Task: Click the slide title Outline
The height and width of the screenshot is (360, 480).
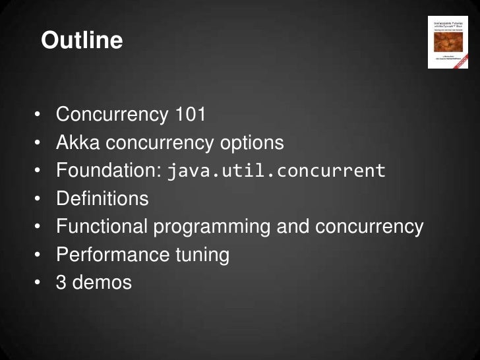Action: click(x=82, y=41)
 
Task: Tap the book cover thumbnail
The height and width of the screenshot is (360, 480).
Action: click(x=448, y=42)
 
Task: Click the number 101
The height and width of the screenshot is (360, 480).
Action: click(x=191, y=114)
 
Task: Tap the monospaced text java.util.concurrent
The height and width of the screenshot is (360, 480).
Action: click(x=276, y=171)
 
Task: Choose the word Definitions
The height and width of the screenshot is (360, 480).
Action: click(x=102, y=198)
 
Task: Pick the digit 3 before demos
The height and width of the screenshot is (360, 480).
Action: click(x=61, y=283)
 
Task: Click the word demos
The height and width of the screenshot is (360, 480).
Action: click(x=103, y=283)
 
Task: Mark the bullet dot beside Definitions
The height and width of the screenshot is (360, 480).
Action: click(x=39, y=199)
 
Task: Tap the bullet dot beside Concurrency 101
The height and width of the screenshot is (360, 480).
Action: click(x=39, y=115)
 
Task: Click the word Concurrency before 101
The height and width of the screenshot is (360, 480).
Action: click(x=112, y=114)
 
